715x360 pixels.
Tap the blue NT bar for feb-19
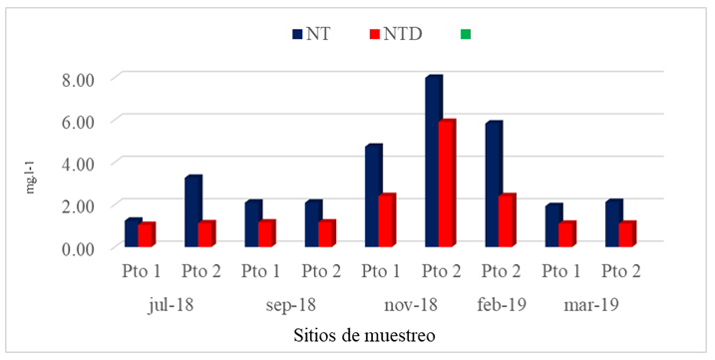[493, 185]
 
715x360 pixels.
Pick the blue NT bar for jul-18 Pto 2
[192, 212]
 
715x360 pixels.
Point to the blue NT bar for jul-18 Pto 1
[132, 234]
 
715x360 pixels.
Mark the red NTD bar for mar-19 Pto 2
[626, 235]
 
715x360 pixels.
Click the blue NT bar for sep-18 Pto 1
[252, 224]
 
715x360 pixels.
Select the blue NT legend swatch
[297, 33]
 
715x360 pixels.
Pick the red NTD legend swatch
[375, 33]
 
